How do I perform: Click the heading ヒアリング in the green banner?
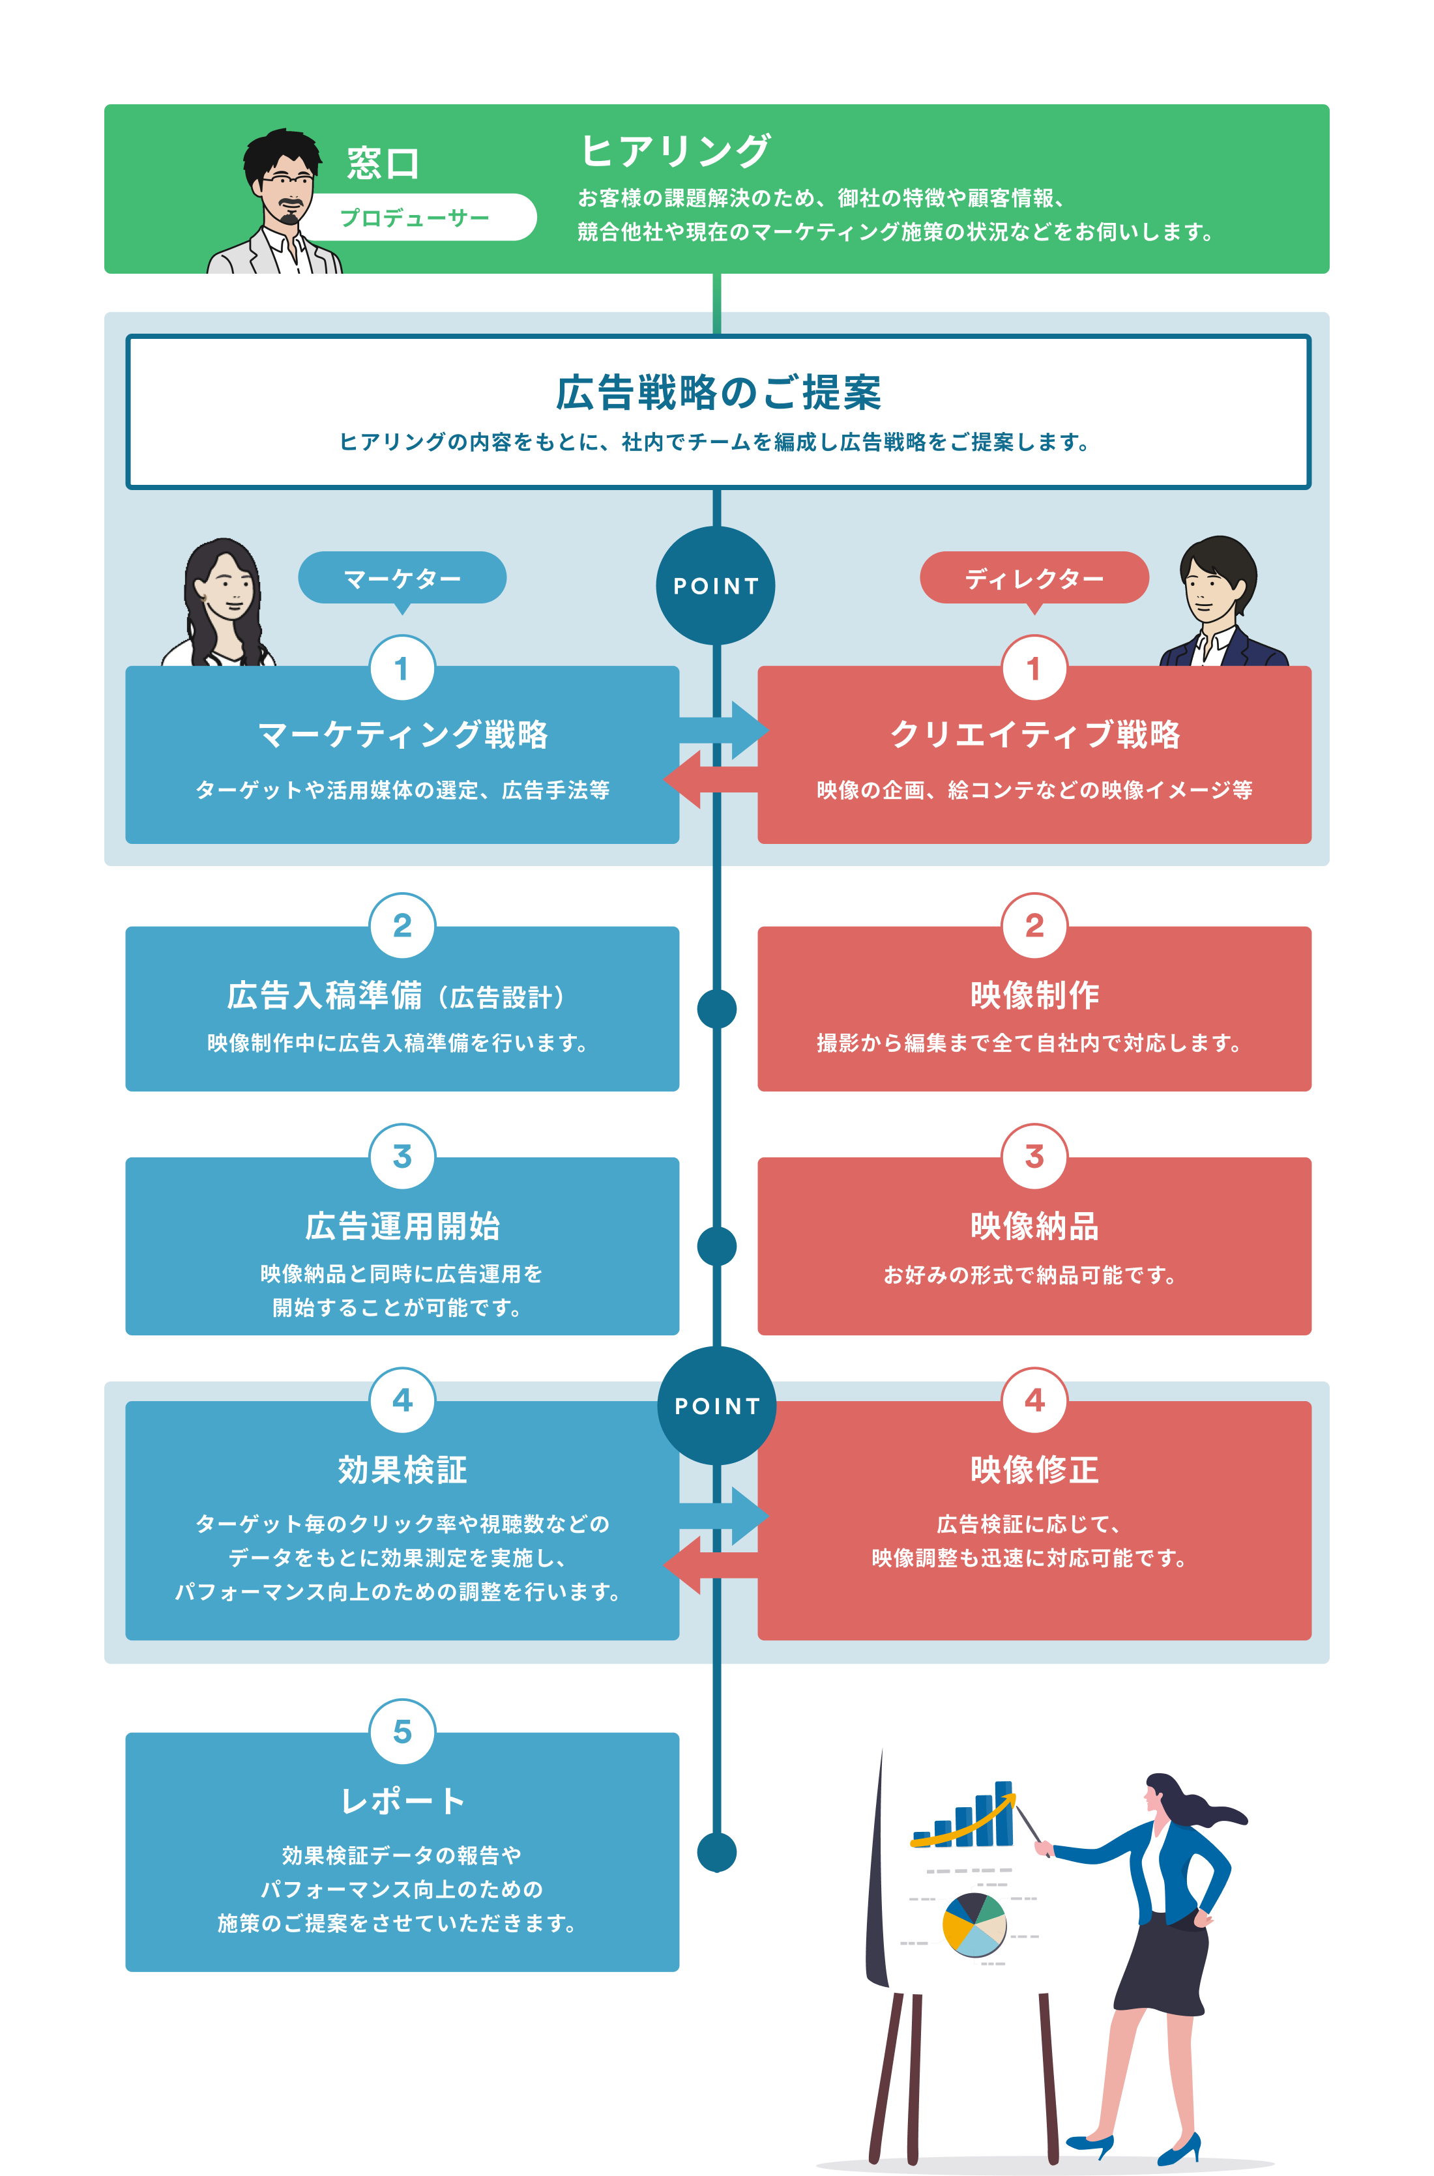tap(675, 151)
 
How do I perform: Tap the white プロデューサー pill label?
tap(416, 218)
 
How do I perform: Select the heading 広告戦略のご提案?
tap(718, 393)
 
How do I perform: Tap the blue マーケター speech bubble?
tap(402, 578)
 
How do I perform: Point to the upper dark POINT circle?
tap(716, 586)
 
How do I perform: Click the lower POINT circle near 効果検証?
tap(716, 1405)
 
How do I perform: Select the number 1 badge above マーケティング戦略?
tap(402, 669)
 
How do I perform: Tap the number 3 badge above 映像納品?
tap(1034, 1155)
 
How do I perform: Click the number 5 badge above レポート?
tap(402, 1731)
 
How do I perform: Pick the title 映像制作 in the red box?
tap(1034, 994)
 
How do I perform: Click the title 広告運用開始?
tap(402, 1226)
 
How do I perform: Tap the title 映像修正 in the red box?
tap(1034, 1470)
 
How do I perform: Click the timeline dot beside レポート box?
tap(716, 1852)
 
